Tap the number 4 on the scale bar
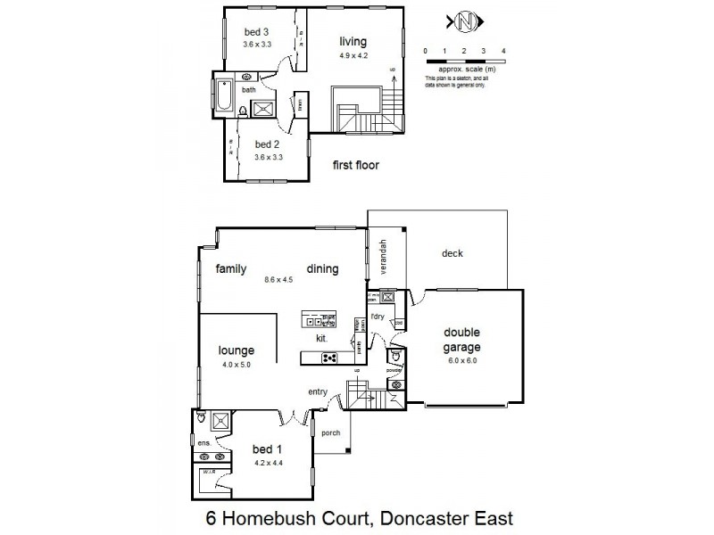tap(504, 51)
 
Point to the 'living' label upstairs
tap(354, 41)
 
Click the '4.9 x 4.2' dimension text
tap(354, 55)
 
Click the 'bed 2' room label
tap(268, 144)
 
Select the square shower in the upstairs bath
tap(265, 110)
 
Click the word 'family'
tap(229, 268)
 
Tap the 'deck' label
tap(452, 253)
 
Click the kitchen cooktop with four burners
tap(329, 358)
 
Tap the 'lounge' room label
tap(237, 350)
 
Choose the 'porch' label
tap(332, 436)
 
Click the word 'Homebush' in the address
tap(293, 517)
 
